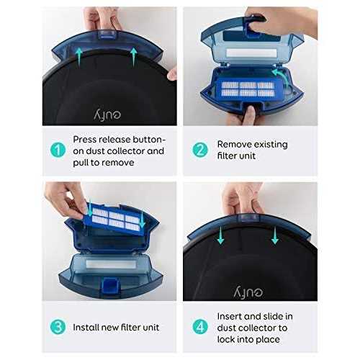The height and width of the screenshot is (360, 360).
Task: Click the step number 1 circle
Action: point(58,150)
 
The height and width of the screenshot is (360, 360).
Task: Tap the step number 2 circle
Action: point(200,150)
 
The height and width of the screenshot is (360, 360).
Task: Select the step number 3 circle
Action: point(58,327)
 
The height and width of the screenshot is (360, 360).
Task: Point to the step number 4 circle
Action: point(200,327)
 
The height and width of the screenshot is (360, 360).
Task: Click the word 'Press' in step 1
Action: point(85,140)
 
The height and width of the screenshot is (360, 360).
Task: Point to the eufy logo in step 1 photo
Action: point(107,114)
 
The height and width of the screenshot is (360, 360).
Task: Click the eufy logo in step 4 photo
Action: point(248,292)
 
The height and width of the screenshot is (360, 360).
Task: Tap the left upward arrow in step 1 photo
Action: point(79,57)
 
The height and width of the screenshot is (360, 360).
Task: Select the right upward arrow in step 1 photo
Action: point(134,57)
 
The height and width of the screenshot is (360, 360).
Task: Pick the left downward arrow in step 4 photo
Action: point(220,235)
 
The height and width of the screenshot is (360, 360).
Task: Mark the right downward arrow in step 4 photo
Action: point(275,235)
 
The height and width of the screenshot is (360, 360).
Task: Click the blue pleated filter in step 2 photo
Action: point(248,89)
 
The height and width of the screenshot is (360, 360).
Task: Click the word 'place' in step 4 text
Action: point(268,340)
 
